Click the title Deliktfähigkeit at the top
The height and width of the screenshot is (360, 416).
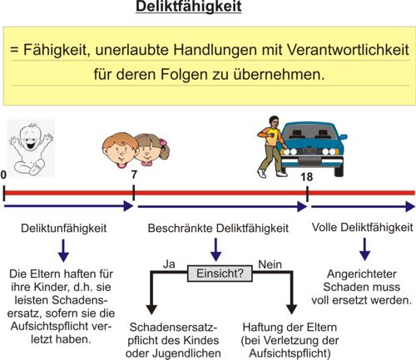tap(189, 7)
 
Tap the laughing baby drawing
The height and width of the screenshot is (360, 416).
tap(31, 148)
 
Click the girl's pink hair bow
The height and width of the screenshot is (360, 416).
tap(163, 141)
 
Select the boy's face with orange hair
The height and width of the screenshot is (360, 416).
tap(120, 150)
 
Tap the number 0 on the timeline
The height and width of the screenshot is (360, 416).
tap(3, 175)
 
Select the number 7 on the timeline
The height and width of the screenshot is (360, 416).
tap(134, 175)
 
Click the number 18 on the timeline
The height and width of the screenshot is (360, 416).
tap(307, 176)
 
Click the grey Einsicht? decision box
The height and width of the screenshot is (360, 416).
tap(220, 274)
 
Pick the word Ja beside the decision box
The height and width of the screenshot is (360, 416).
tap(169, 264)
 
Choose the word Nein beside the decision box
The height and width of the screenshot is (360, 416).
tap(270, 264)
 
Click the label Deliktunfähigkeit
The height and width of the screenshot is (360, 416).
tap(63, 229)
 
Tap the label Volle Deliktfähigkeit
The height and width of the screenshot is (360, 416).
tap(362, 227)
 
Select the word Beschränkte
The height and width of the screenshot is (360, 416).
tap(181, 228)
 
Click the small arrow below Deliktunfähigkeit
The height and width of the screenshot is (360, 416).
tap(63, 250)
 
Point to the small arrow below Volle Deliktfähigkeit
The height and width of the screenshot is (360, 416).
tap(364, 249)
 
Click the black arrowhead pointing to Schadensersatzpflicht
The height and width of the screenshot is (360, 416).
tap(151, 309)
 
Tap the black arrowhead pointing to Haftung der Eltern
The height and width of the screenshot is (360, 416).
tap(291, 309)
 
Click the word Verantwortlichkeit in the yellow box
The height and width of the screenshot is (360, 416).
tap(348, 50)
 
